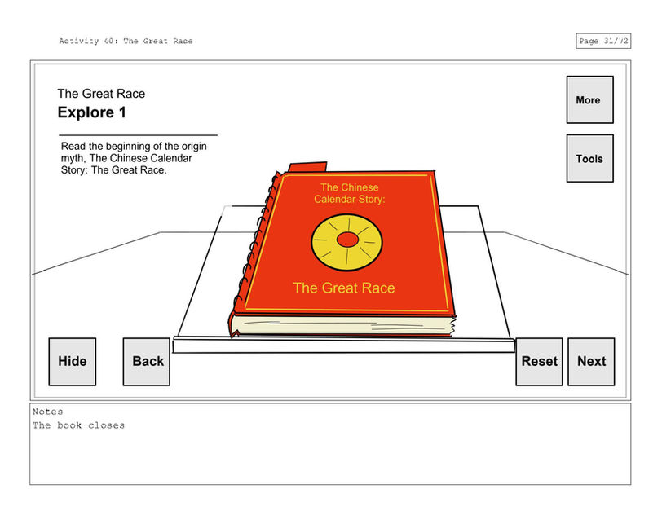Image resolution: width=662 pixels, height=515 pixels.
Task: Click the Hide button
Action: [72, 361]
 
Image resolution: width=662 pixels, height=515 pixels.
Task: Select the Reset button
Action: [539, 361]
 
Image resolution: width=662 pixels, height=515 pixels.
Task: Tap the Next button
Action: [591, 361]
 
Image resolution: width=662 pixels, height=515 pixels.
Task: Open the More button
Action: [589, 100]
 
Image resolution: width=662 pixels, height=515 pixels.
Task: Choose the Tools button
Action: [589, 158]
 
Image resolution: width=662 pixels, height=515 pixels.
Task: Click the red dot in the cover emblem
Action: [347, 240]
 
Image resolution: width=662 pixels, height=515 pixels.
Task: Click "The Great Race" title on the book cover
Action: [343, 288]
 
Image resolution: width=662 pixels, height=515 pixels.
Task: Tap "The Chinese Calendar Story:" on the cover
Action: [349, 193]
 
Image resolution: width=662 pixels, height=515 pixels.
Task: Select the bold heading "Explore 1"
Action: [91, 112]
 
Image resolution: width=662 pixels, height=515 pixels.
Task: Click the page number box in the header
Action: [602, 42]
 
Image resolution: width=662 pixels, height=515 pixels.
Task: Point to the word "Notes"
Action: [47, 412]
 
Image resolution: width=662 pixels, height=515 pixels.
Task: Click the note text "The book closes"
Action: [78, 425]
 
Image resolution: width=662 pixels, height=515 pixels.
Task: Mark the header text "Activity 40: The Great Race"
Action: [126, 42]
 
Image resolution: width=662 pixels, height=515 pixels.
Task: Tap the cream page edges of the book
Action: [342, 327]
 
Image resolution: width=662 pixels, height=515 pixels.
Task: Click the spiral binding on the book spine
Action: [248, 253]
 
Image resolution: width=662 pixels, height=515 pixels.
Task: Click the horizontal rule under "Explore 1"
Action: [137, 134]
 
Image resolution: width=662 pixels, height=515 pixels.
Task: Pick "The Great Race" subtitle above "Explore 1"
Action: [101, 94]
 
